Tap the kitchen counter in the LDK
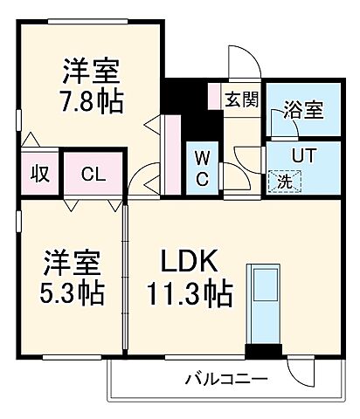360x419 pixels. coord(263,304)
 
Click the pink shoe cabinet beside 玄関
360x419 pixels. coord(214,97)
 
